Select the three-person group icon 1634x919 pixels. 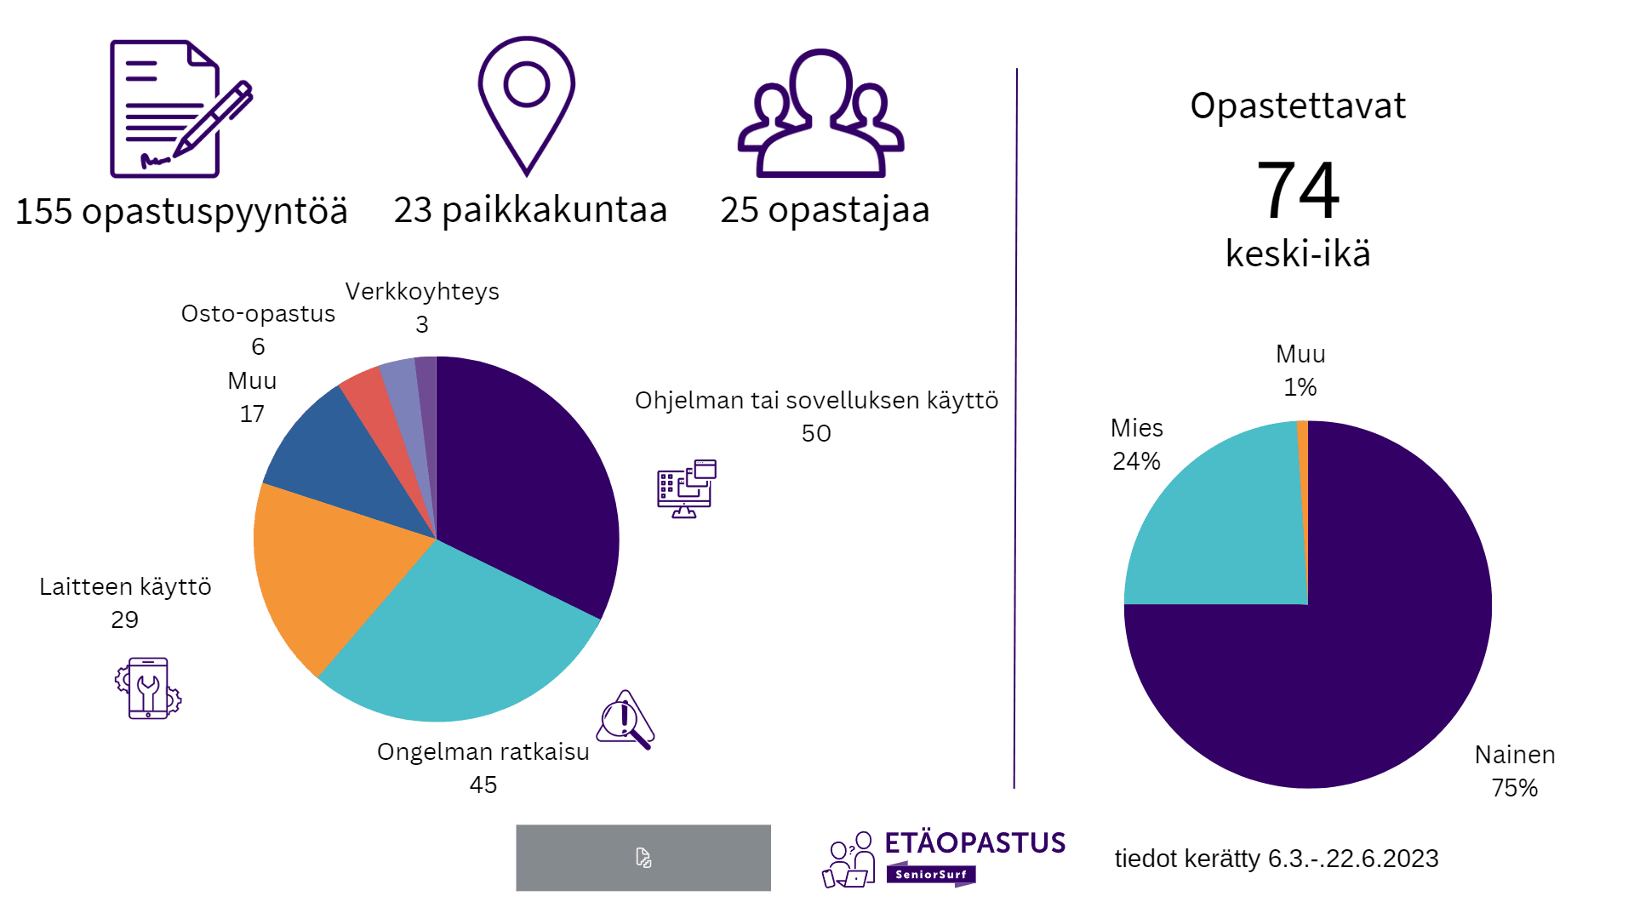click(820, 115)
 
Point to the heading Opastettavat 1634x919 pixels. click(1297, 106)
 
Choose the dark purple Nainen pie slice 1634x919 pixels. click(1362, 647)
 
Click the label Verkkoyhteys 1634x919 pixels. click(422, 292)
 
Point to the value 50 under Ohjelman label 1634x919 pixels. click(816, 433)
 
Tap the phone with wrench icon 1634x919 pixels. click(148, 688)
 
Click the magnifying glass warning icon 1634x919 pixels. click(626, 720)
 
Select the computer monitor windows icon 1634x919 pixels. click(686, 488)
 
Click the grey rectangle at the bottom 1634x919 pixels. click(643, 858)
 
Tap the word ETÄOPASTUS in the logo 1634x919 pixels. click(974, 843)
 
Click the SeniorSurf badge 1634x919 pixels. click(930, 874)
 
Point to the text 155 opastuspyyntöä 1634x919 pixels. click(181, 212)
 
